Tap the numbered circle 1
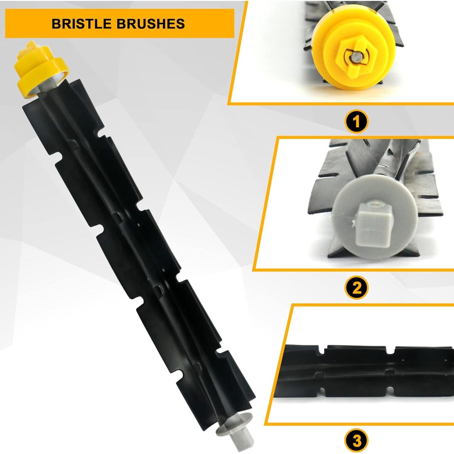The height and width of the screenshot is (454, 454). pos(357,122)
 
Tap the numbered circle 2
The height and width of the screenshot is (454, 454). pos(357,288)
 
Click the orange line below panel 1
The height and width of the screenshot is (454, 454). pos(342,104)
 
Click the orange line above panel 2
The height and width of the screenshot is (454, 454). pos(363,138)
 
